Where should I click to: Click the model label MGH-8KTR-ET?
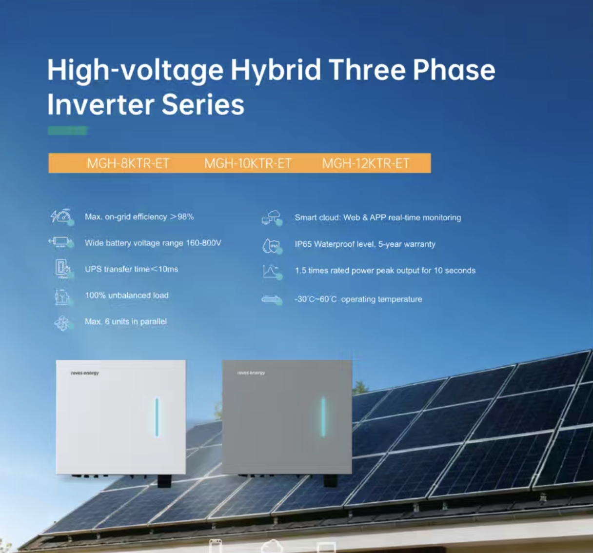click(128, 163)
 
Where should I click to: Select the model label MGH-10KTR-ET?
click(248, 163)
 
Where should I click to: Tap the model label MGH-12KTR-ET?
click(366, 163)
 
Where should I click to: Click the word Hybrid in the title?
click(276, 70)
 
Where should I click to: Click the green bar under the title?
click(68, 131)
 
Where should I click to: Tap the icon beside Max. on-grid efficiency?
click(62, 217)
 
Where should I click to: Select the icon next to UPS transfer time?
click(62, 269)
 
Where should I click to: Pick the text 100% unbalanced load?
click(127, 296)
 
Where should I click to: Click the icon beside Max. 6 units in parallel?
click(62, 322)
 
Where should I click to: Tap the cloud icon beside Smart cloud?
click(272, 217)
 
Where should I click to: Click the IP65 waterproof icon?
click(272, 245)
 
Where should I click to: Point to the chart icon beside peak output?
click(272, 271)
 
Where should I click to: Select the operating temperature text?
click(358, 299)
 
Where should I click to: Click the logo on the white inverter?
click(85, 373)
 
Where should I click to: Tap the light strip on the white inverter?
click(157, 417)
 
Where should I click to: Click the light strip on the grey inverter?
click(323, 416)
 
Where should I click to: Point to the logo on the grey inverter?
click(251, 373)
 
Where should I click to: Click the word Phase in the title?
click(454, 70)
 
